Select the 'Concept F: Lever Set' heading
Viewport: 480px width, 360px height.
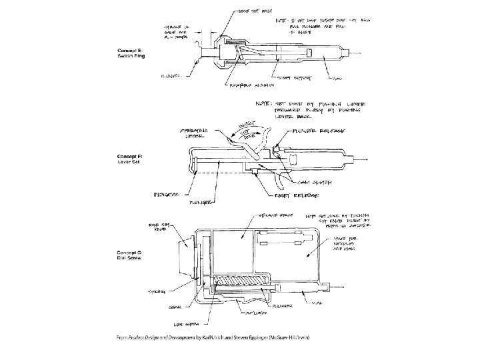point(132,159)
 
